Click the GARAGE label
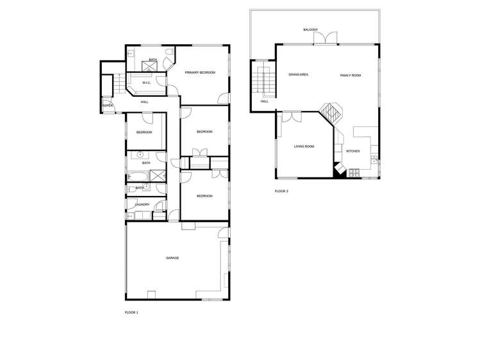[x=172, y=258]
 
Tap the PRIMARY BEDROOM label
[x=200, y=72]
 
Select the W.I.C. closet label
[x=146, y=83]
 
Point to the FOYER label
[x=108, y=105]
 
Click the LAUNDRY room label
[x=142, y=205]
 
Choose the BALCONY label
[x=310, y=29]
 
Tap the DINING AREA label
[x=299, y=75]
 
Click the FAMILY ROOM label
[x=351, y=76]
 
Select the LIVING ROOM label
[x=304, y=147]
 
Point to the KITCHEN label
[x=353, y=151]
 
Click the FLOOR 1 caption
[x=131, y=313]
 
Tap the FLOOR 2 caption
[x=281, y=191]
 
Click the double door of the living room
[x=292, y=117]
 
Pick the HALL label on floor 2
[x=264, y=101]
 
